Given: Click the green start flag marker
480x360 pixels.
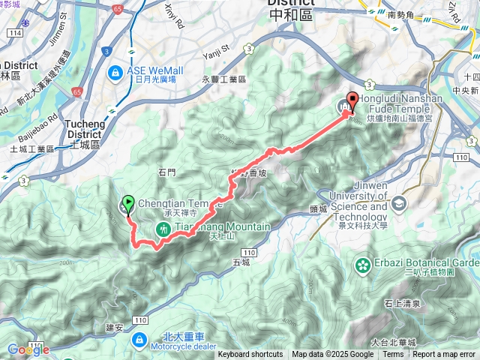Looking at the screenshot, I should [x=127, y=202].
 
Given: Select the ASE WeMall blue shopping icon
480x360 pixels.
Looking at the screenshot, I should [x=115, y=73].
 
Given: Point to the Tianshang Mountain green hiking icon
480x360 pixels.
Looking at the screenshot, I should [x=162, y=227].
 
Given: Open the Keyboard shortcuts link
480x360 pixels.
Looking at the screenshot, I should [x=250, y=355].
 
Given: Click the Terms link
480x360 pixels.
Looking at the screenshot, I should [x=393, y=355].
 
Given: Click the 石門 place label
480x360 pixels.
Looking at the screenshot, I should [x=166, y=172].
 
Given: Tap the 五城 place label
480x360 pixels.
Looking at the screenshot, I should [x=241, y=262].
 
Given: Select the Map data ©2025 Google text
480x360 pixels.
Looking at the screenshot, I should [x=333, y=355].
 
